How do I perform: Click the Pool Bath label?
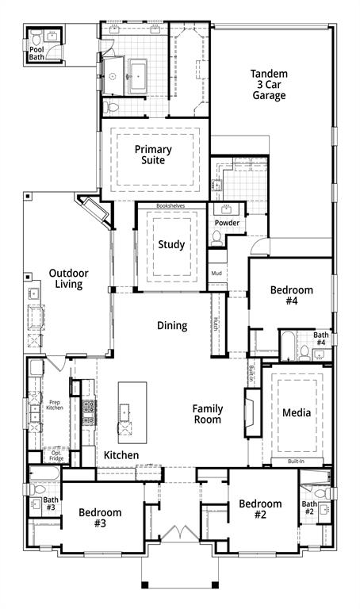pyautogui.click(x=37, y=52)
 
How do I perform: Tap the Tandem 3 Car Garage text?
pyautogui.click(x=270, y=85)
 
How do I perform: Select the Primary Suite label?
pyautogui.click(x=153, y=155)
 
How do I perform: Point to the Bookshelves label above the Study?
pyautogui.click(x=170, y=205)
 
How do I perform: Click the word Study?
pyautogui.click(x=171, y=244)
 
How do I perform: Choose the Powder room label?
pyautogui.click(x=227, y=223)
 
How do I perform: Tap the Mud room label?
pyautogui.click(x=216, y=274)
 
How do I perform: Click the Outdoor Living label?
pyautogui.click(x=69, y=278)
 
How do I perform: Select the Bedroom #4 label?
pyautogui.click(x=292, y=296)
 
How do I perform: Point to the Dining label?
pyautogui.click(x=172, y=325)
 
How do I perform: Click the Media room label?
pyautogui.click(x=297, y=412)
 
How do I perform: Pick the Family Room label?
pyautogui.click(x=208, y=414)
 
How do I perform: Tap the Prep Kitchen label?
pyautogui.click(x=54, y=405)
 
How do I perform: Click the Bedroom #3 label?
pyautogui.click(x=100, y=518)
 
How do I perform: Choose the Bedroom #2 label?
pyautogui.click(x=260, y=509)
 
